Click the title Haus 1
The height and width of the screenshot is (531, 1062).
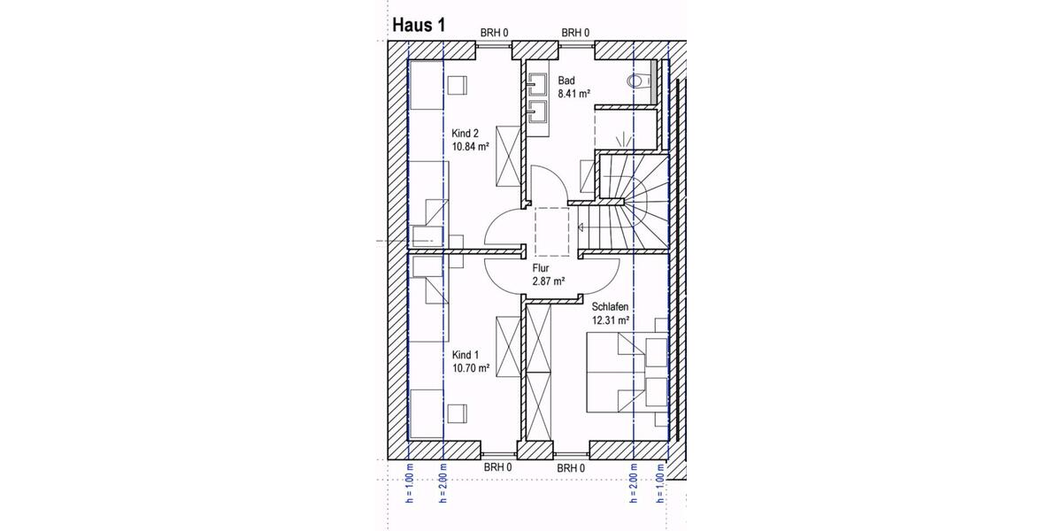click(x=418, y=25)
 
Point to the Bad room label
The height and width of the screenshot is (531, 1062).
click(x=566, y=81)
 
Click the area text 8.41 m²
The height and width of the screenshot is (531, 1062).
click(x=573, y=93)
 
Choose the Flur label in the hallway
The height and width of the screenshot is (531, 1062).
click(x=542, y=267)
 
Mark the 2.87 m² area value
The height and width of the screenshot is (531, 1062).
click(x=549, y=281)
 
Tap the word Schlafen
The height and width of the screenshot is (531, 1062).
click(x=611, y=306)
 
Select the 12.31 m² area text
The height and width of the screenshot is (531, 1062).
click(x=611, y=320)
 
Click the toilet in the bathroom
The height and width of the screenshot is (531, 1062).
click(x=637, y=81)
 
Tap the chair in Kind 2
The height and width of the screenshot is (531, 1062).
click(x=457, y=85)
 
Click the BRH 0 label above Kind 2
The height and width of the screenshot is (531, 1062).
click(x=495, y=33)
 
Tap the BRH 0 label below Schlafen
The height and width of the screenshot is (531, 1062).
click(x=571, y=468)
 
